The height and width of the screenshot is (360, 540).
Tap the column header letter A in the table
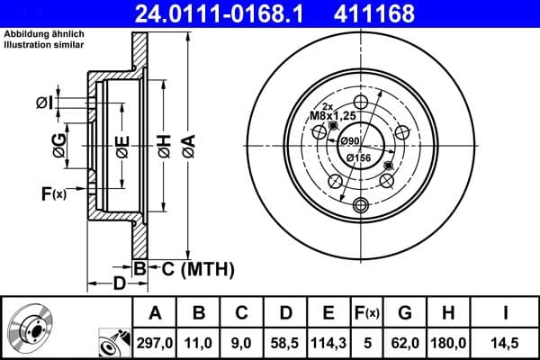tap(155, 312)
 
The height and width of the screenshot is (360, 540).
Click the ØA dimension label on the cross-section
tap(187, 143)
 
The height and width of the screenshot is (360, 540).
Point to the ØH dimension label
tap(164, 143)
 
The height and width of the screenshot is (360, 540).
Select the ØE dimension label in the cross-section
tap(121, 143)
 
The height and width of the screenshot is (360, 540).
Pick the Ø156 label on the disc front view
tap(359, 158)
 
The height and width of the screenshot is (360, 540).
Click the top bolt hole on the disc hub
tap(360, 102)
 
